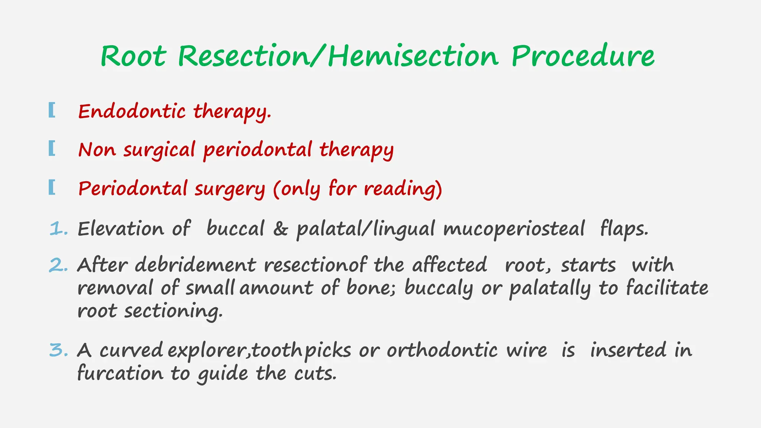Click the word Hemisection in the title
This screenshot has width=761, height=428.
pyautogui.click(x=412, y=56)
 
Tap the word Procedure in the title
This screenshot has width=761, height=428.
pyautogui.click(x=583, y=56)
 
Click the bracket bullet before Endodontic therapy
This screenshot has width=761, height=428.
pyautogui.click(x=52, y=110)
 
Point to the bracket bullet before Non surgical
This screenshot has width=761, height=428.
pyautogui.click(x=52, y=149)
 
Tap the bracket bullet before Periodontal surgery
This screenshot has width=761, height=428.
pyautogui.click(x=52, y=187)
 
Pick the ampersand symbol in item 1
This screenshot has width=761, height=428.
pyautogui.click(x=281, y=229)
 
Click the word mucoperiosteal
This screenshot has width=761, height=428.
pyautogui.click(x=514, y=229)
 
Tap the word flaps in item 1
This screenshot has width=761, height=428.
pyautogui.click(x=624, y=229)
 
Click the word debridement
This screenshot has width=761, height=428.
pyautogui.click(x=195, y=265)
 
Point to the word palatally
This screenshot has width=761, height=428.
pyautogui.click(x=550, y=289)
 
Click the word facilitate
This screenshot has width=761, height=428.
pyautogui.click(x=667, y=288)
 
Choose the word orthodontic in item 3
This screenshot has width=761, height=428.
pyautogui.click(x=442, y=350)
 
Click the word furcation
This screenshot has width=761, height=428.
pyautogui.click(x=120, y=373)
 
